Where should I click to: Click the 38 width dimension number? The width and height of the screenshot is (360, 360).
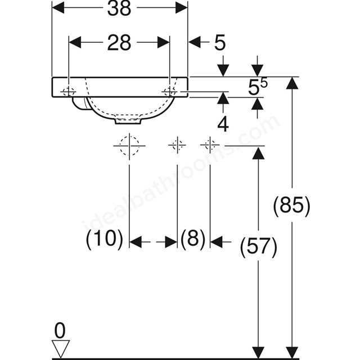tap(119, 8)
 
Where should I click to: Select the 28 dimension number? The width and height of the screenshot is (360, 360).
tap(119, 43)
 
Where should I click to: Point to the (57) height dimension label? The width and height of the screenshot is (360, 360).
tap(259, 247)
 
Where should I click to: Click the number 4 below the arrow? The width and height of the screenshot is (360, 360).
tap(223, 124)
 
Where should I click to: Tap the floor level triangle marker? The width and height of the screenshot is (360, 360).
tap(60, 349)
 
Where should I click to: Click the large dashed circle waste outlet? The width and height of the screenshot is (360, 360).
tap(129, 146)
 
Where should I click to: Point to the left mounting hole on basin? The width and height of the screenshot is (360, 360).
tap(69, 92)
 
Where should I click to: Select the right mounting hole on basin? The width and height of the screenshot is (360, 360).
tap(170, 92)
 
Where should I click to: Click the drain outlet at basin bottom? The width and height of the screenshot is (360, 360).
tap(128, 121)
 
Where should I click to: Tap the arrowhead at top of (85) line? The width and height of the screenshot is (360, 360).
tap(292, 83)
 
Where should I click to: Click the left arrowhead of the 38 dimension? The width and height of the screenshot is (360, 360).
tap(58, 8)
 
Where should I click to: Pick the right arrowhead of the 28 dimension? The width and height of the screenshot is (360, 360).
tap(164, 42)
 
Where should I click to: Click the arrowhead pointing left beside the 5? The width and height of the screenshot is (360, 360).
tap(194, 42)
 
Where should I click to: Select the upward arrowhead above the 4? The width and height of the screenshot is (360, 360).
tap(223, 98)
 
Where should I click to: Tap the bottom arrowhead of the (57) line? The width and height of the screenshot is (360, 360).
tap(259, 352)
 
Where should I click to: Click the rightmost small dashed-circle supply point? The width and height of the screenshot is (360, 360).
tap(210, 145)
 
